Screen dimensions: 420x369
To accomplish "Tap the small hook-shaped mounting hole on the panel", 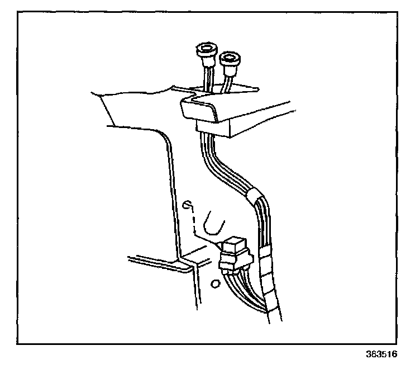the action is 190,205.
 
